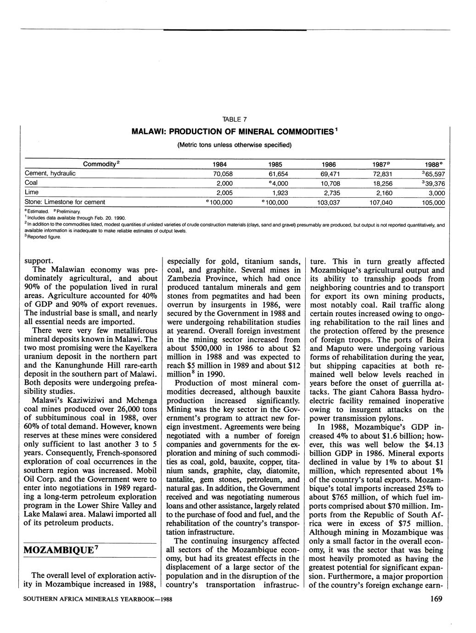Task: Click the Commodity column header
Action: point(101,164)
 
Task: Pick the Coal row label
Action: point(31,183)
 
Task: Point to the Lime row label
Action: point(31,192)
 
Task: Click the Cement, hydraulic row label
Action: point(50,174)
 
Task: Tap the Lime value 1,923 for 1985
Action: point(280,193)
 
